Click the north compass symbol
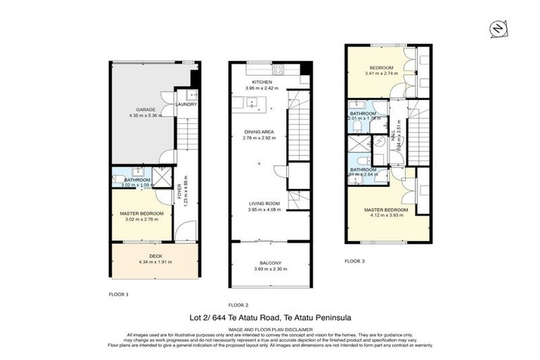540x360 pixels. [x=496, y=28]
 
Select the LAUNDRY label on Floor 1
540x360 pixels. [x=186, y=105]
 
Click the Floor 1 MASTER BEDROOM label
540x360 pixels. [x=141, y=213]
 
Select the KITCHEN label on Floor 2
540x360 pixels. [x=262, y=82]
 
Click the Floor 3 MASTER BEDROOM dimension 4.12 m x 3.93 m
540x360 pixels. [x=386, y=216]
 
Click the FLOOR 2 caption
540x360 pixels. [x=238, y=304]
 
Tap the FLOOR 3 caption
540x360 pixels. [x=354, y=261]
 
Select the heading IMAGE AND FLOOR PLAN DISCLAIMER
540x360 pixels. [x=269, y=328]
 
